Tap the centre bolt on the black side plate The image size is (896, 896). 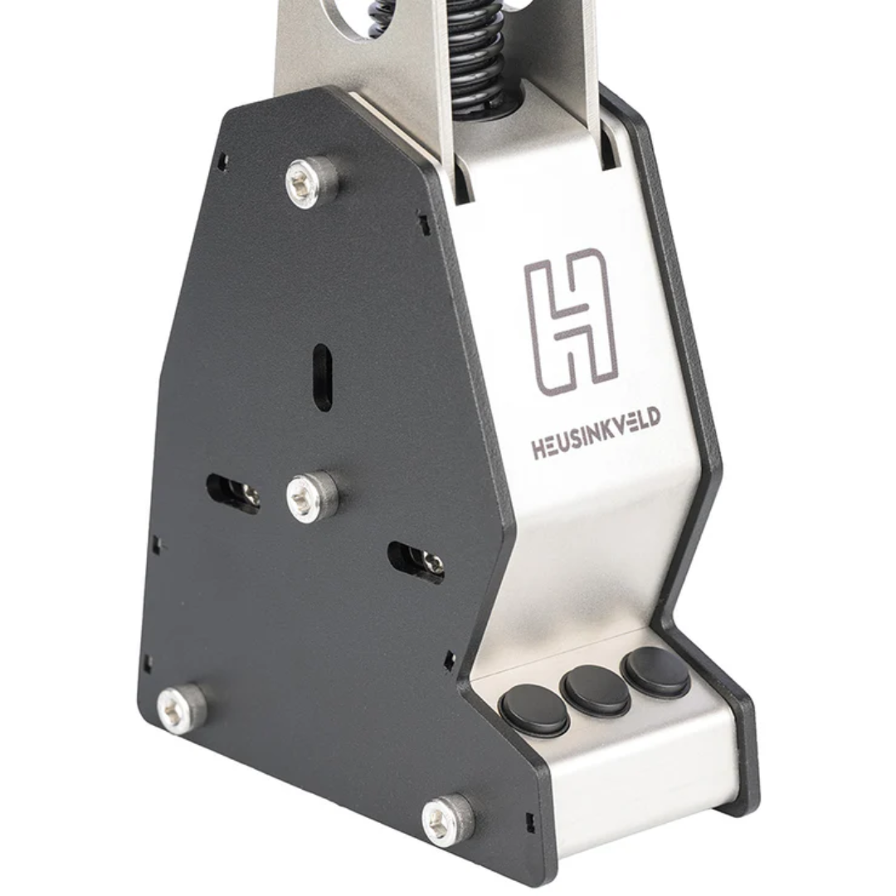pyautogui.click(x=312, y=496)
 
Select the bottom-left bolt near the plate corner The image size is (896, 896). pyautogui.click(x=182, y=708)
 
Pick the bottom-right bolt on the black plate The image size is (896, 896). pyautogui.click(x=448, y=819)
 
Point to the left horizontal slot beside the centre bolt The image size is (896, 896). pyautogui.click(x=233, y=494)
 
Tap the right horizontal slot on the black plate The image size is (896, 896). pyautogui.click(x=416, y=562)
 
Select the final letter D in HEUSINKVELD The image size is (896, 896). pyautogui.click(x=653, y=416)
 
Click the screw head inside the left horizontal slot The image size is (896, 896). pyautogui.click(x=249, y=497)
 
